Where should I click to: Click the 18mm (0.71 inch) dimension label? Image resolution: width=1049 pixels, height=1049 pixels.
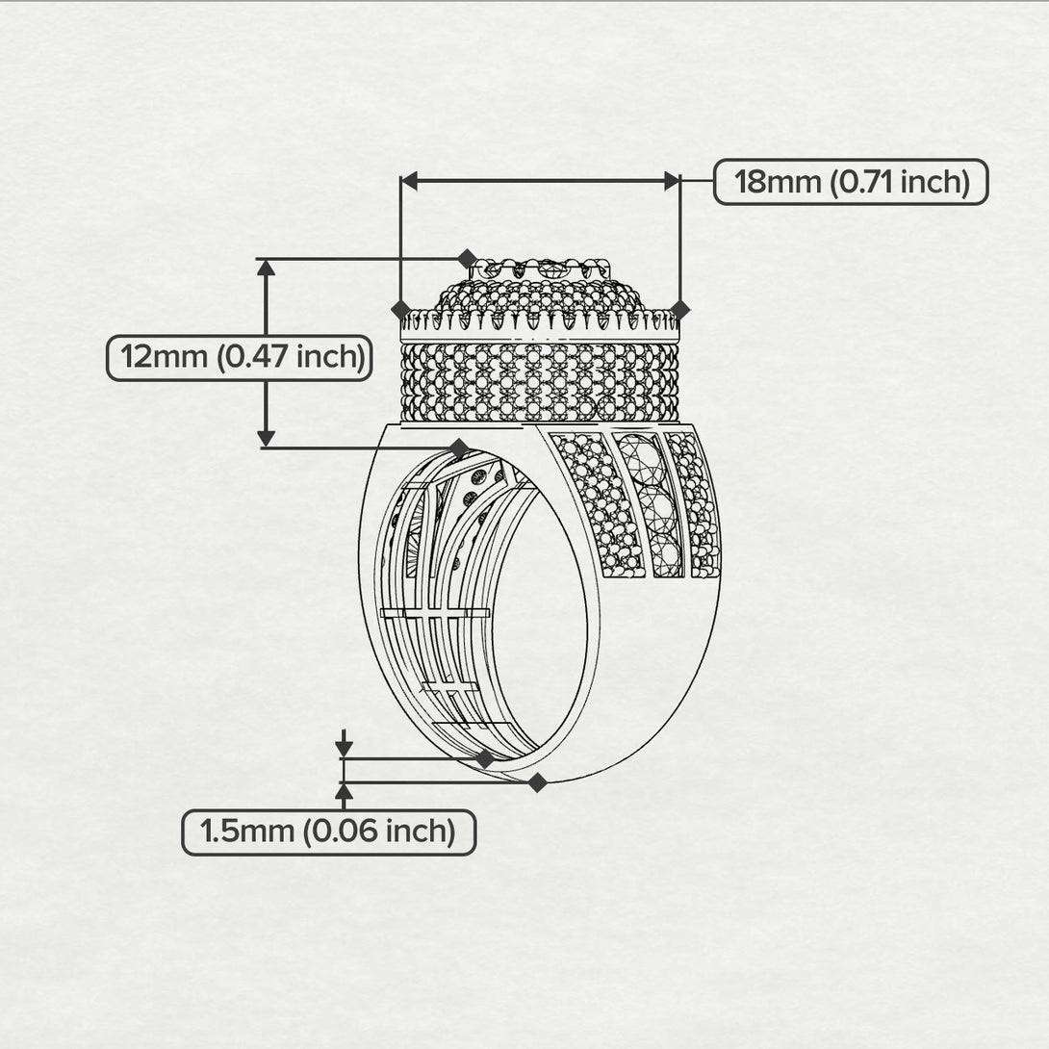click(851, 182)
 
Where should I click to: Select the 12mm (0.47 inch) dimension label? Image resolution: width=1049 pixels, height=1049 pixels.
click(240, 358)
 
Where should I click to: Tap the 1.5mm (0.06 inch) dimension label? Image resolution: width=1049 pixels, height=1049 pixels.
click(328, 832)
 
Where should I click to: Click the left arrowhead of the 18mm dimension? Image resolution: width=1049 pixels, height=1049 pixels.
click(409, 181)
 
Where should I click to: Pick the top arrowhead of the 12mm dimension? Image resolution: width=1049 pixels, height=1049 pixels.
click(267, 268)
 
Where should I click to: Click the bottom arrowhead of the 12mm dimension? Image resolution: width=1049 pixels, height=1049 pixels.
click(267, 438)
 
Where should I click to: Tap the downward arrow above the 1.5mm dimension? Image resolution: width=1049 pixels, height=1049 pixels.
click(344, 743)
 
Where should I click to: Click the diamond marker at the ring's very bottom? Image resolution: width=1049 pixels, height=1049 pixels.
click(537, 782)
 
